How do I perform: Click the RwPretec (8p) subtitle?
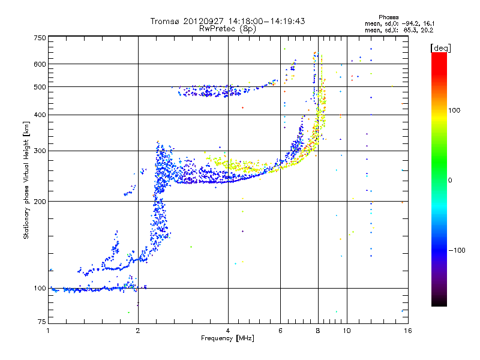tap(227, 29)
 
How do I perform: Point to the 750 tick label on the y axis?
tap(40, 38)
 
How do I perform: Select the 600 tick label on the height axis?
tap(40, 64)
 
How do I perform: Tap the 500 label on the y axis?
tap(40, 87)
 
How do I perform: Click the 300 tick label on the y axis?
tap(40, 151)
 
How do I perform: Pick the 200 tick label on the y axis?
tap(40, 202)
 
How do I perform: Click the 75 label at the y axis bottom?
tap(42, 322)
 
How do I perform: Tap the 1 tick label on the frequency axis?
tap(48, 331)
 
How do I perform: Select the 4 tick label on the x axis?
tap(228, 331)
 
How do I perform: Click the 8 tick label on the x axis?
tap(318, 331)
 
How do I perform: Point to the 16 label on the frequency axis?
tap(408, 331)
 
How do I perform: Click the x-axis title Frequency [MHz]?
tap(227, 338)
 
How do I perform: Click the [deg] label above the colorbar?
tap(440, 48)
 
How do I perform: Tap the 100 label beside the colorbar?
tap(454, 110)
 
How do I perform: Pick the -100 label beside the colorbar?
tap(457, 250)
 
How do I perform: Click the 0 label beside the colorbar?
tap(450, 181)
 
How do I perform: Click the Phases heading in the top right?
tap(388, 17)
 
